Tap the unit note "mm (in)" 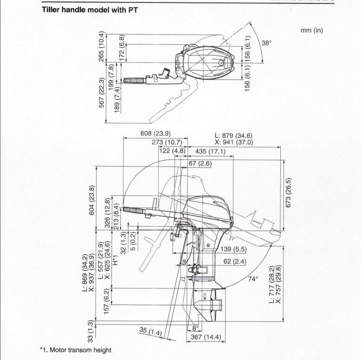311,31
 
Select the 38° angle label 266,43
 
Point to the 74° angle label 253,279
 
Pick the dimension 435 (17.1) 210,151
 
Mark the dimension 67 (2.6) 200,163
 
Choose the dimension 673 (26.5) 288,193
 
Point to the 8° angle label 195,328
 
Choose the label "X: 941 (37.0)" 234,142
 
